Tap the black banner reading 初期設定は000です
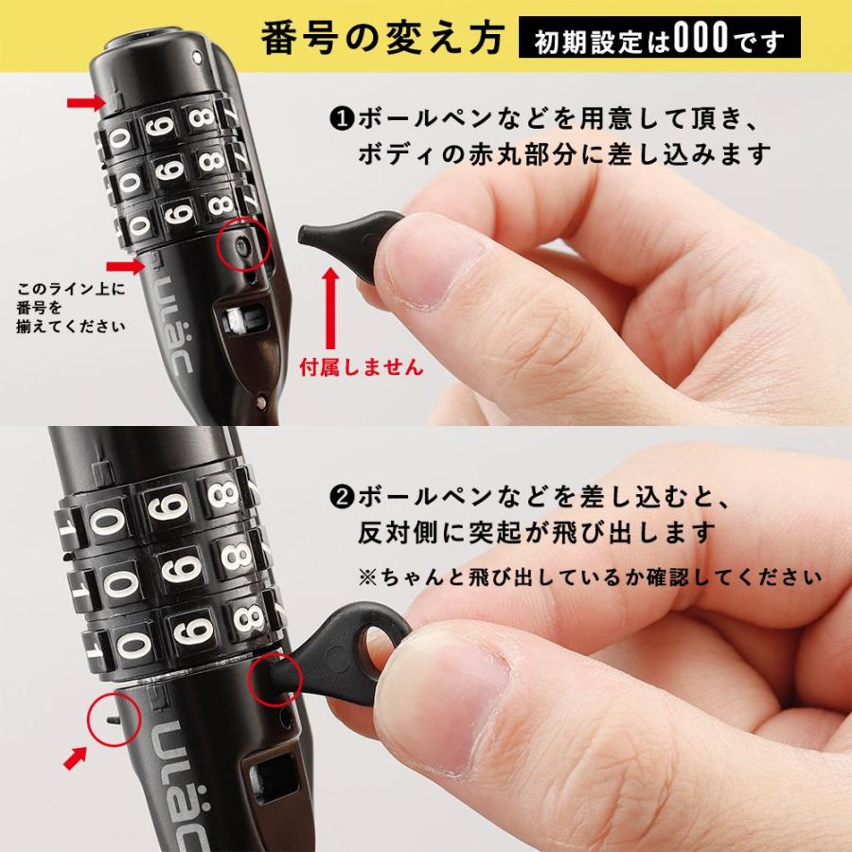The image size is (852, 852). (659, 40)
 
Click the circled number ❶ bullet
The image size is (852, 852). (341, 120)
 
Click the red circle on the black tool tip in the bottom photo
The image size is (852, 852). (275, 676)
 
